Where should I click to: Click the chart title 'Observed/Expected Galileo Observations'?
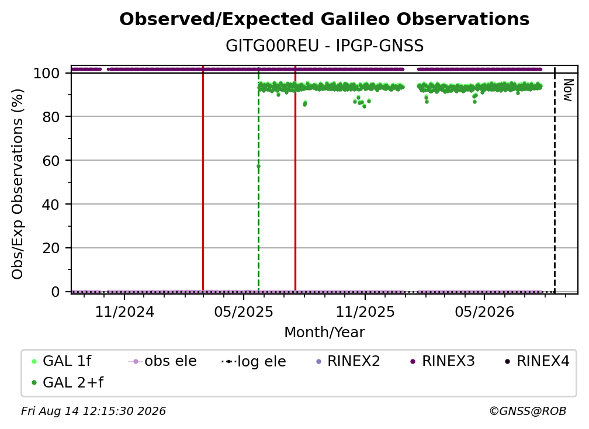pos(324,19)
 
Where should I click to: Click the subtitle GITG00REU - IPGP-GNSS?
pos(324,46)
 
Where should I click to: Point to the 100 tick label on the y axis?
pos(47,73)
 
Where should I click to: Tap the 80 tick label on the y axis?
pos(51,117)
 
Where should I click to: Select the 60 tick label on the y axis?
pos(51,161)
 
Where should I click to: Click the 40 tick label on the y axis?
pos(51,205)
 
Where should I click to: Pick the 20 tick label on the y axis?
pos(51,248)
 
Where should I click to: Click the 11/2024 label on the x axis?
pos(124,312)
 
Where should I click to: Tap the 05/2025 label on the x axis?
pos(244,312)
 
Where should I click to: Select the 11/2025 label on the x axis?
pos(365,312)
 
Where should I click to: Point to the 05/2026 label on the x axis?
pos(484,312)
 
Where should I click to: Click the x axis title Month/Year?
pos(324,333)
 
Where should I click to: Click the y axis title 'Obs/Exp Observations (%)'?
pos(18,184)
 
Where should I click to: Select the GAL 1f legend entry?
pos(61,361)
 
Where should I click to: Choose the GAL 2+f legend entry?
pos(68,383)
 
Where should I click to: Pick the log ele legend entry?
pos(254,362)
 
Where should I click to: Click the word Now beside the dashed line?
pos(568,90)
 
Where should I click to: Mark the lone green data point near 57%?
pos(258,166)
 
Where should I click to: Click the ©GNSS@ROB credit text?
pos(528,411)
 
